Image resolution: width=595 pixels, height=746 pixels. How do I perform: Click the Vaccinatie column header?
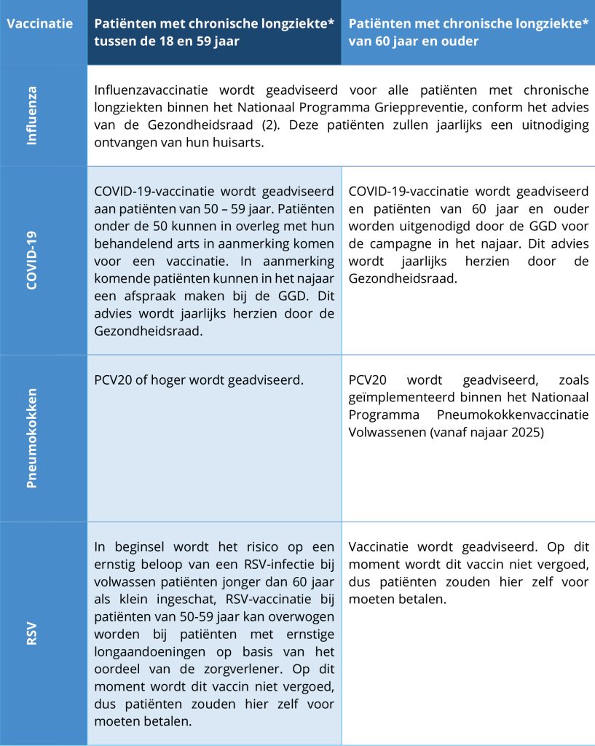[40, 24]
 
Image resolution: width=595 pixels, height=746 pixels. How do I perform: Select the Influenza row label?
[32, 116]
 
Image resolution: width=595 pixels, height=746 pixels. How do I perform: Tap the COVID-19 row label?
[32, 260]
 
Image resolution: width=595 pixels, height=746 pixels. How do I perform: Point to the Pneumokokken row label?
[32, 438]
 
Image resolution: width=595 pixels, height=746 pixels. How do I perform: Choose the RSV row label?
[32, 633]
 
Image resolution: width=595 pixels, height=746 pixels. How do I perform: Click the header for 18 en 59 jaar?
[214, 32]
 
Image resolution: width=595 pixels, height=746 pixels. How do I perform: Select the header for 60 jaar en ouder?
[468, 32]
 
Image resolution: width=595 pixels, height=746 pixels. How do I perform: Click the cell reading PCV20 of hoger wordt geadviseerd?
[199, 380]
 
